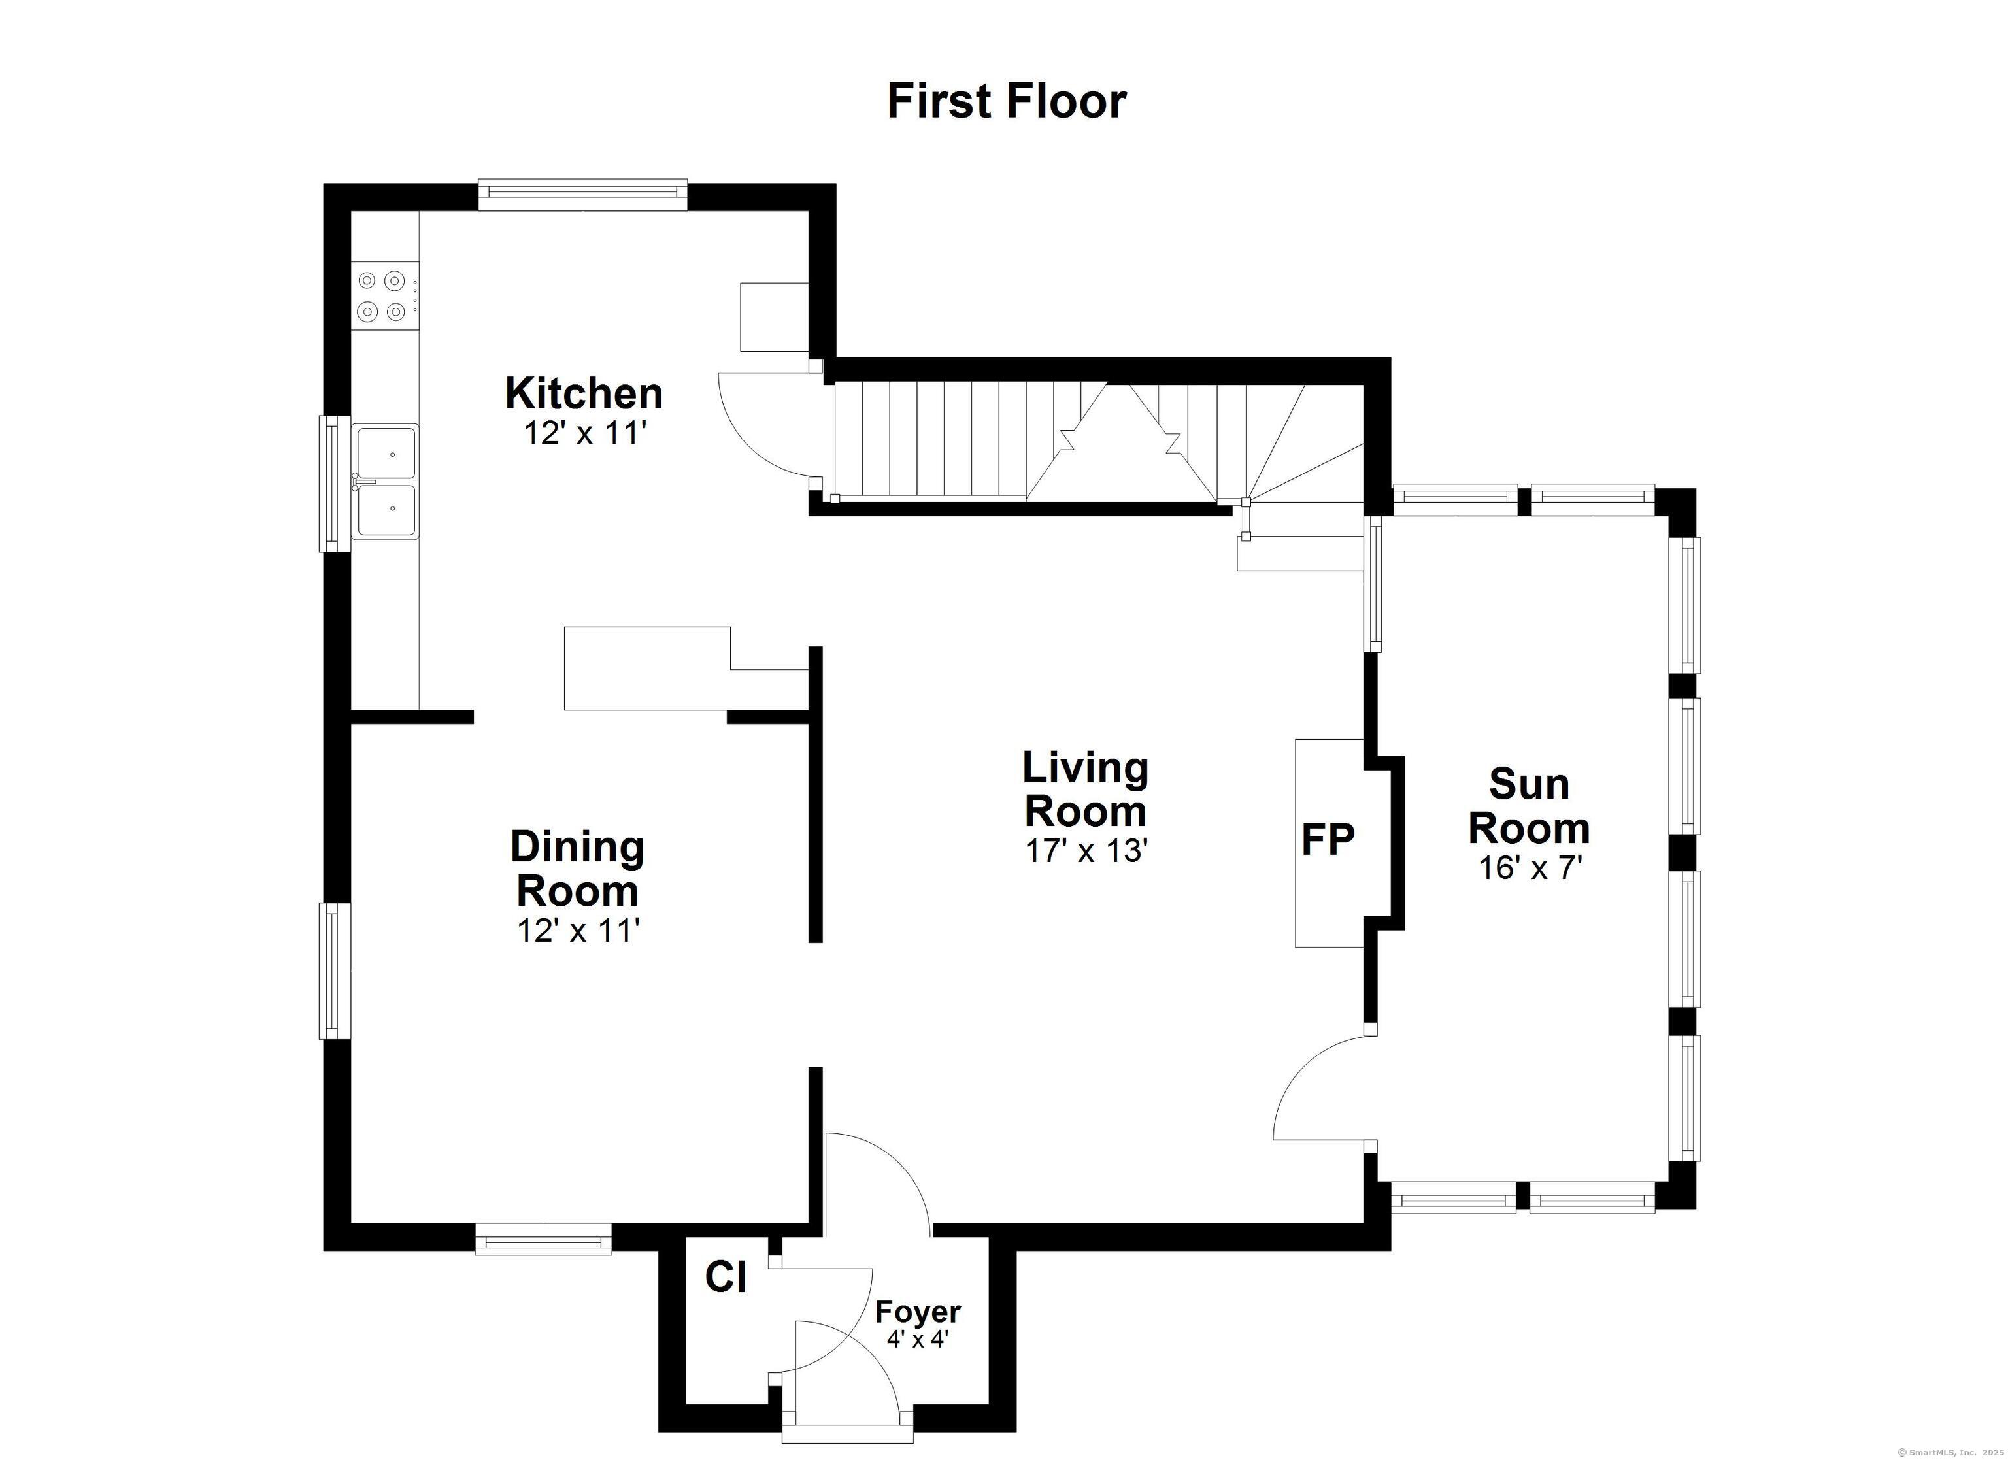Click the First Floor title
click(x=1007, y=101)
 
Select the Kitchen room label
click(x=584, y=394)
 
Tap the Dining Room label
click(x=577, y=869)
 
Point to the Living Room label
click(x=1086, y=789)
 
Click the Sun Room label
click(x=1529, y=806)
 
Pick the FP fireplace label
click(x=1328, y=839)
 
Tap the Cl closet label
click(x=726, y=1277)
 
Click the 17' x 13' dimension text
click(x=1086, y=851)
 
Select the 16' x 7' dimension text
click(x=1530, y=869)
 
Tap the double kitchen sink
click(x=385, y=482)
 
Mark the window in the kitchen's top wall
click(x=582, y=195)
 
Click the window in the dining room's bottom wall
click(x=544, y=1238)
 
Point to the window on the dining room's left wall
click(x=335, y=971)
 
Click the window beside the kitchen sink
click(x=335, y=484)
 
